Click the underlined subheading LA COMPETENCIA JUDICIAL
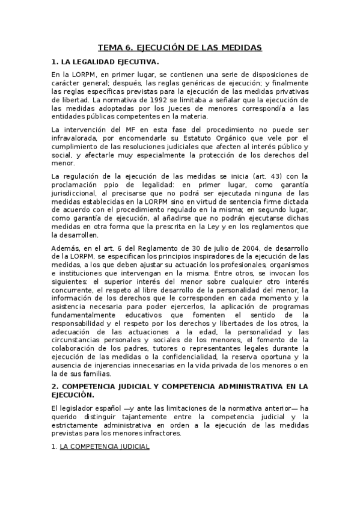[x=104, y=447]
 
